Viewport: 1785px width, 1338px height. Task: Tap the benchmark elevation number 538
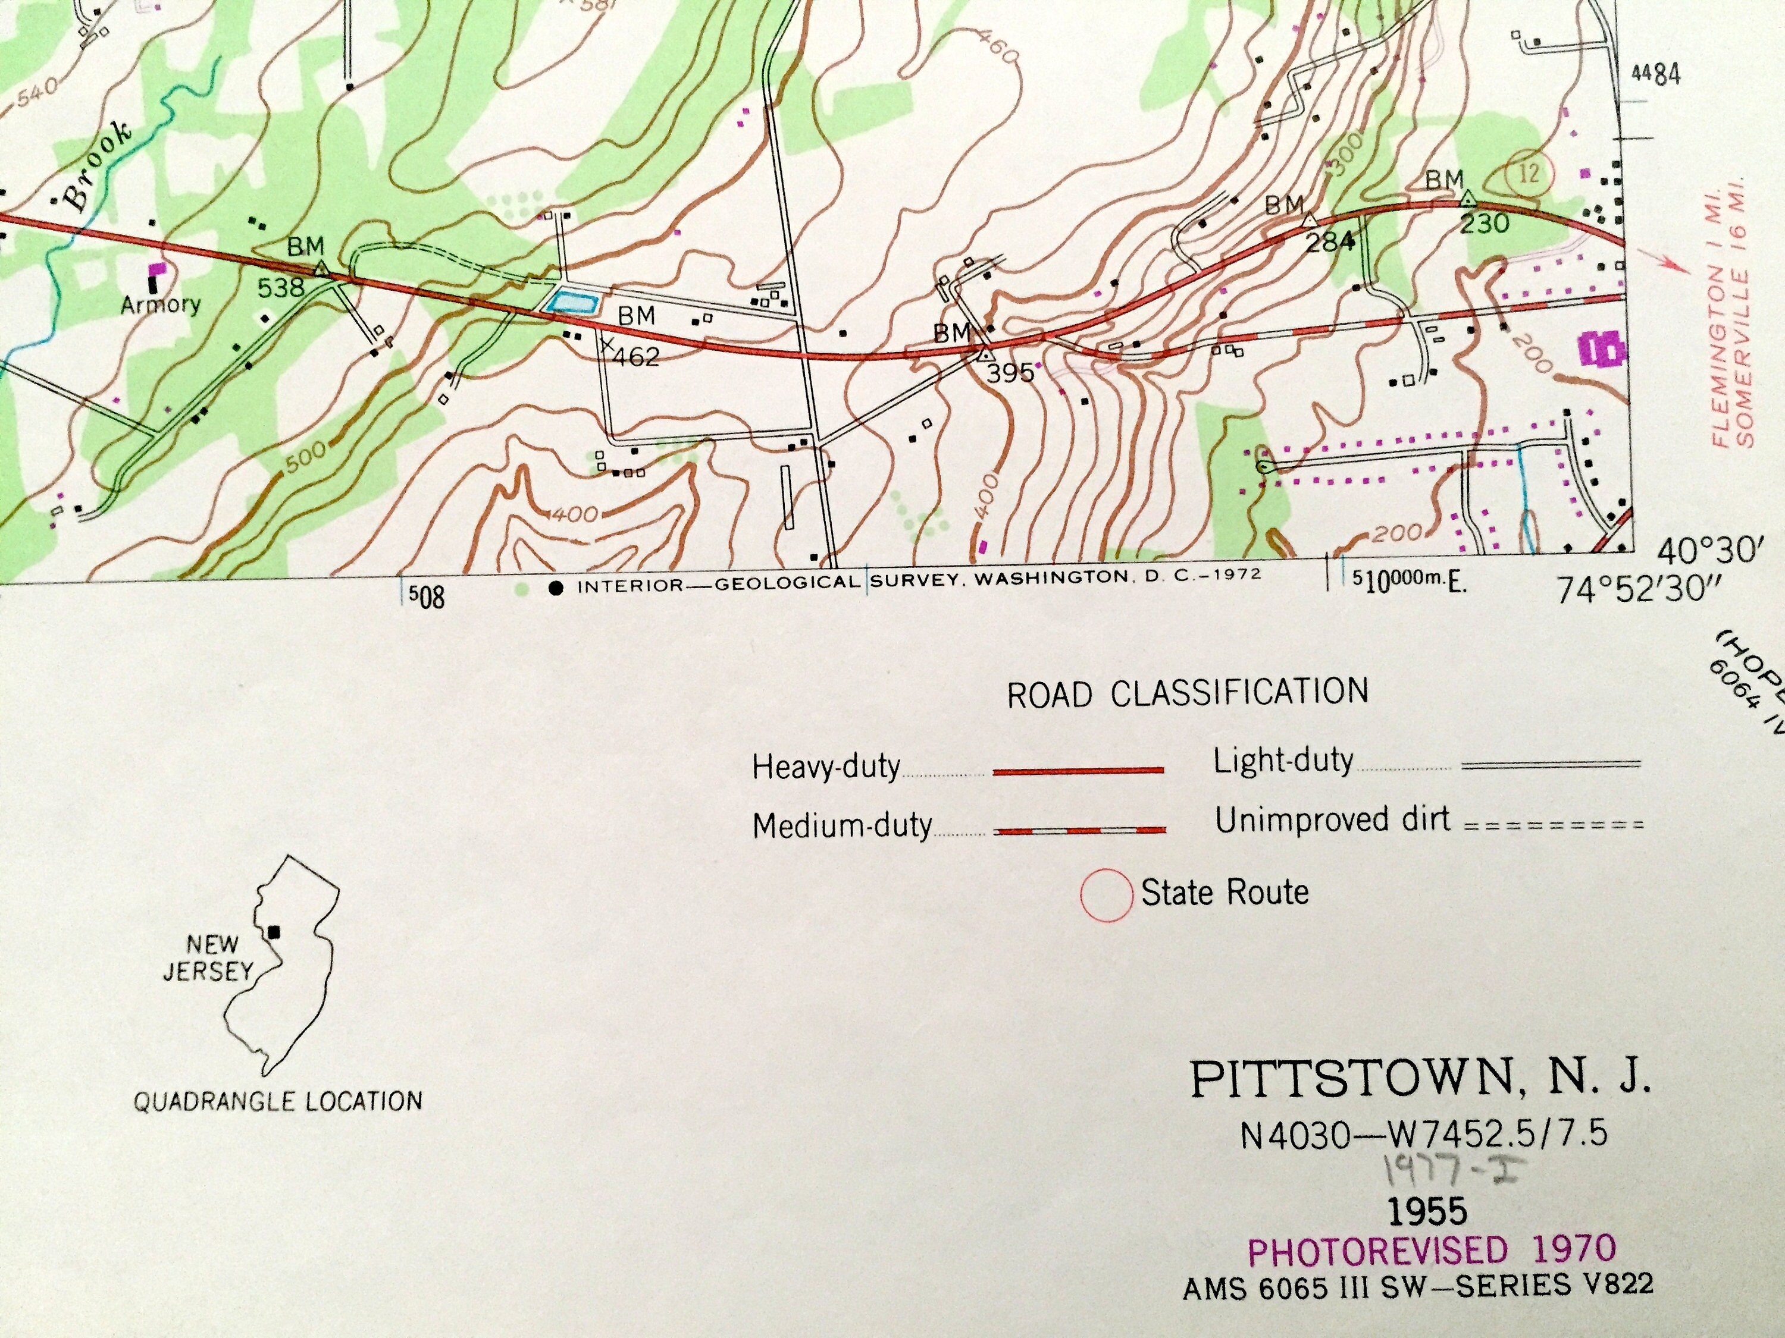[281, 287]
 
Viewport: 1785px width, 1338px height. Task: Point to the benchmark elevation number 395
[1010, 373]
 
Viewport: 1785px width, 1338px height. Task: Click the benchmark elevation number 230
[1484, 222]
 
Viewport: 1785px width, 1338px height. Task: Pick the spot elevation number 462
[637, 356]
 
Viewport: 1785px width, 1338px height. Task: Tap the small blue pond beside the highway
[572, 303]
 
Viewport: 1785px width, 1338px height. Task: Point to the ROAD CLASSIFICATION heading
[1187, 693]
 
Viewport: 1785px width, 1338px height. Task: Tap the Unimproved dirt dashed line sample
[1552, 825]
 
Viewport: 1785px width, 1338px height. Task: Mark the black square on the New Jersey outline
[274, 932]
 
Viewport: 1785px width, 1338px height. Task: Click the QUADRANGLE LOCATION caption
[278, 1101]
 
